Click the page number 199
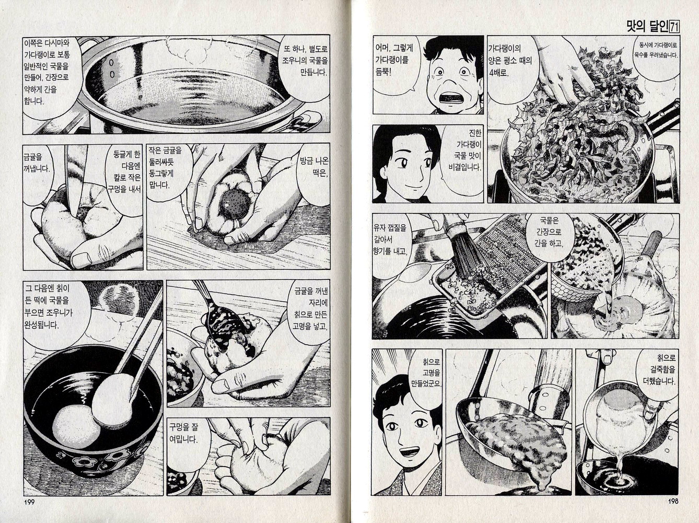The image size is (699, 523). [x=29, y=502]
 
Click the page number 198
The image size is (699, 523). [x=672, y=502]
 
